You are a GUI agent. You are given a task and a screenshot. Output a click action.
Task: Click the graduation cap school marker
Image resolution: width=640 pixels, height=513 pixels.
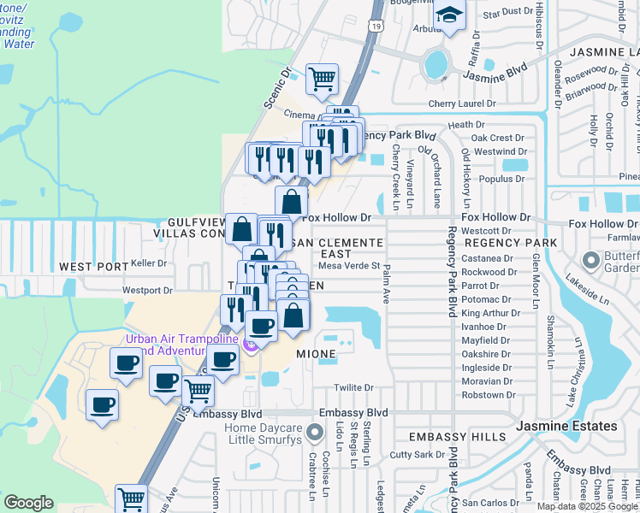(448, 15)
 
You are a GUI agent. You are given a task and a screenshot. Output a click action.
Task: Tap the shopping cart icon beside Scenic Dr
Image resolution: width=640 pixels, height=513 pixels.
(322, 79)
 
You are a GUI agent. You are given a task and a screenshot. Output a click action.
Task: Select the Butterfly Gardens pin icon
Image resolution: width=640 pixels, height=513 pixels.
(590, 259)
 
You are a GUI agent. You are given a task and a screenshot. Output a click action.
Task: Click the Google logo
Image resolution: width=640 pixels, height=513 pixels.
(28, 503)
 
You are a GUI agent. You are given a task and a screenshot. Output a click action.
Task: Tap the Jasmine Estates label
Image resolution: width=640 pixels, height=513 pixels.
(566, 426)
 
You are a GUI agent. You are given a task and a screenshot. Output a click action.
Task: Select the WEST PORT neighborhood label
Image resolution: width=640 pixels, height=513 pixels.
(93, 268)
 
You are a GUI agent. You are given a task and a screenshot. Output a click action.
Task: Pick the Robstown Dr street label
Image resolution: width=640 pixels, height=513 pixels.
(488, 395)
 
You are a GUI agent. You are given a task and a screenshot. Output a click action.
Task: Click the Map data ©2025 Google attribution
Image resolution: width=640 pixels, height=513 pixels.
(587, 505)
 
